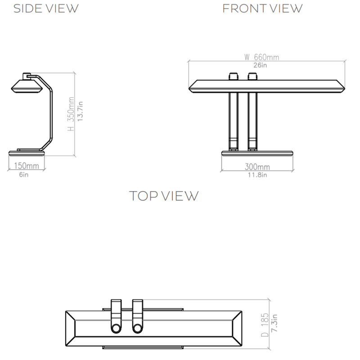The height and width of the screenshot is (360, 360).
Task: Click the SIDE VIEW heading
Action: tap(45, 8)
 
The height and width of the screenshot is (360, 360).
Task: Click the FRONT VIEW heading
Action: tap(262, 8)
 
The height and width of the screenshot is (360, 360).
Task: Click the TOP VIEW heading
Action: tap(164, 196)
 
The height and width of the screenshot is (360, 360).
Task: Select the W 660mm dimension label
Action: tap(261, 57)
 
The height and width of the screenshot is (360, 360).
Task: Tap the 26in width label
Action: tap(260, 65)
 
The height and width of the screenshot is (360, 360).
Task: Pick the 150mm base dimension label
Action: tap(27, 166)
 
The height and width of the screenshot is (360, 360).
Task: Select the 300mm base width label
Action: tap(257, 166)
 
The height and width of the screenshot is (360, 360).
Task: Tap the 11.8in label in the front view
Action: tap(257, 175)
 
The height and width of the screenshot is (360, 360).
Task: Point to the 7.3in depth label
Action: tap(274, 325)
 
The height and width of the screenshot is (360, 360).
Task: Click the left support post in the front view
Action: tap(233, 119)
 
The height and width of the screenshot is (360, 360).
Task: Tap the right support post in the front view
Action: tap(252, 119)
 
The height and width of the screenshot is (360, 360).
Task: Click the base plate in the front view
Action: tap(257, 153)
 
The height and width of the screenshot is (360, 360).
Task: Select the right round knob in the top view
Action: tap(138, 328)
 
